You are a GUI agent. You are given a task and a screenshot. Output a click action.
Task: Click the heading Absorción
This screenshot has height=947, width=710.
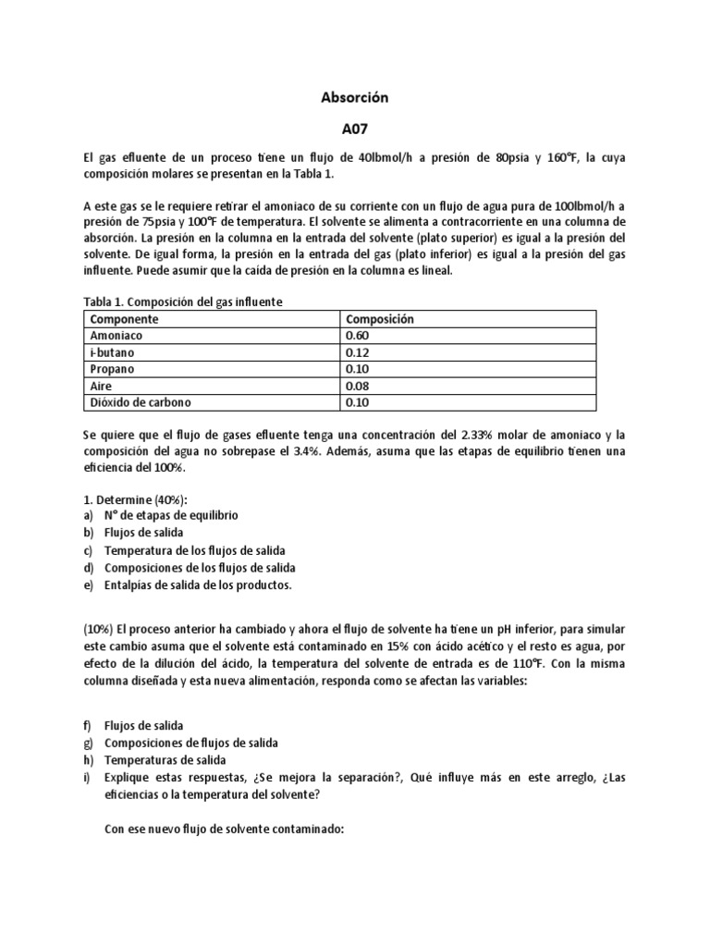point(354,96)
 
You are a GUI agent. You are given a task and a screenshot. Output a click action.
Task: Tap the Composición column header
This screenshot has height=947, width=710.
point(379,319)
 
